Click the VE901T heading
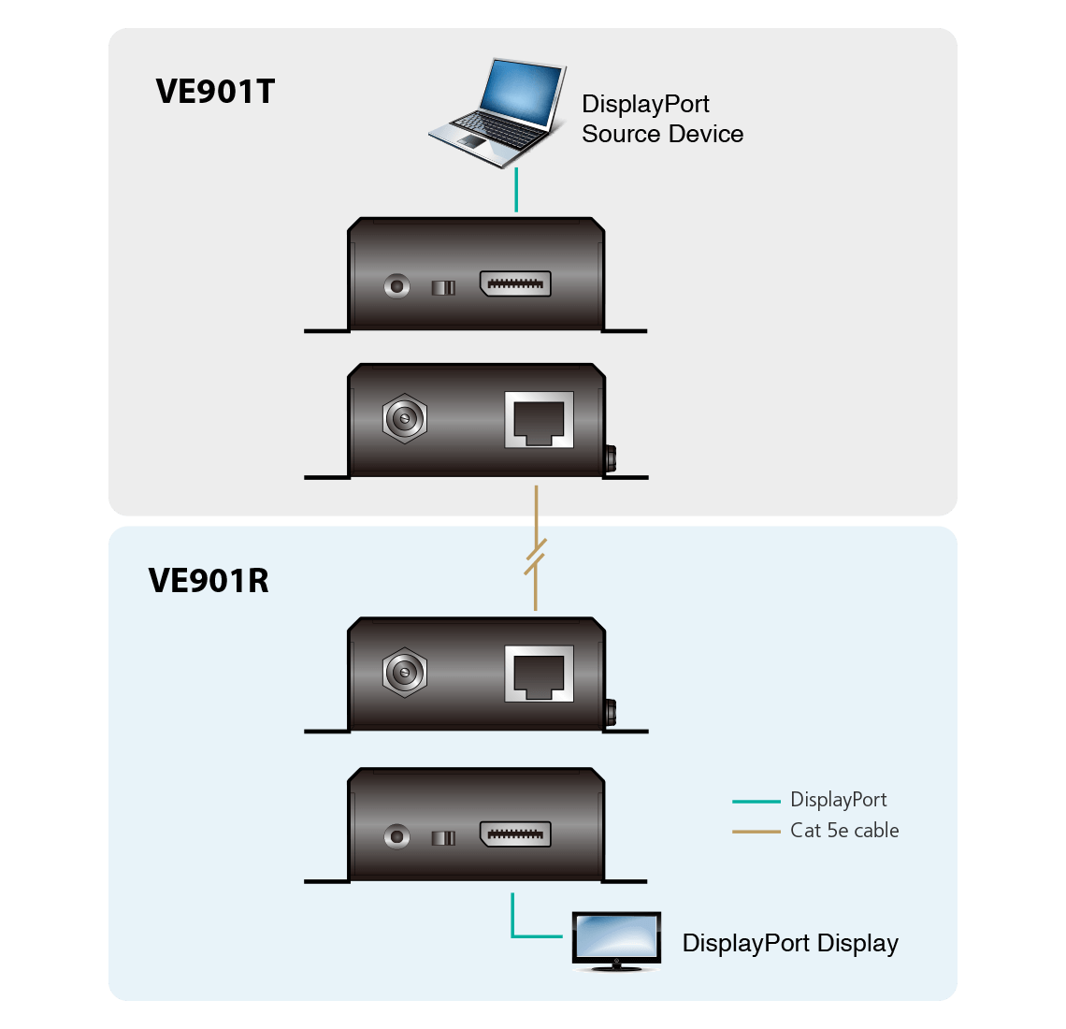point(215,92)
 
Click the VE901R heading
point(209,581)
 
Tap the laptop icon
point(497,113)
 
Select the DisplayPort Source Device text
point(662,119)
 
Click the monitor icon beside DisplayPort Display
point(616,941)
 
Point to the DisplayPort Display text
point(790,943)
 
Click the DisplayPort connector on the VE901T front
point(515,284)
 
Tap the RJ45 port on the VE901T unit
point(539,420)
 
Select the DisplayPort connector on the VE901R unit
point(515,835)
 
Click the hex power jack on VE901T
point(405,418)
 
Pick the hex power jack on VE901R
point(405,672)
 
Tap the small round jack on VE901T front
point(397,285)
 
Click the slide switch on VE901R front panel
point(443,837)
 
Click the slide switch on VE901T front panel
point(443,287)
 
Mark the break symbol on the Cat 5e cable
point(535,558)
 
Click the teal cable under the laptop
point(516,191)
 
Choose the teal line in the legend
point(756,802)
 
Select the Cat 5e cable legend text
point(844,831)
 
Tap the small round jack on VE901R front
point(397,836)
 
